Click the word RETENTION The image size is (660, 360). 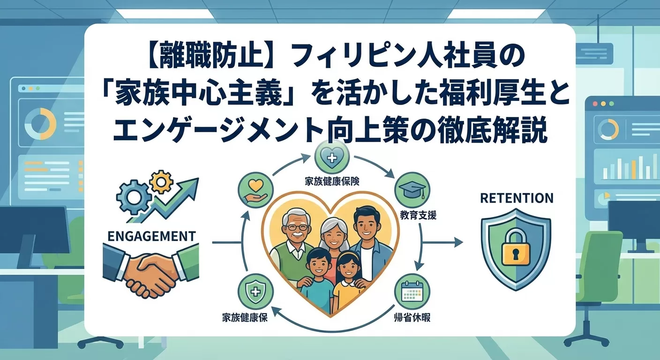[x=517, y=198]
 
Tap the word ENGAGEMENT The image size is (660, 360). [x=151, y=236]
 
